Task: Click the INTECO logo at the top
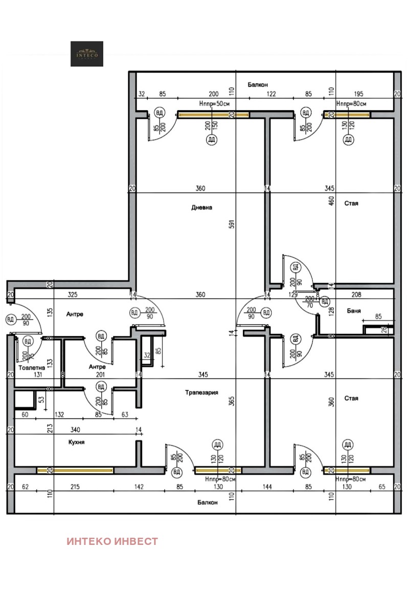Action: coord(87,54)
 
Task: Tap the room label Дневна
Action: coord(201,207)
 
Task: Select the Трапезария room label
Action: coord(201,392)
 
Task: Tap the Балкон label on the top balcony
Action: coord(258,84)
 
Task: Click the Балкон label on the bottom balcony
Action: coord(208,502)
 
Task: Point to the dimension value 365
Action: coord(231,402)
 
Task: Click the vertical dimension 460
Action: coord(331,202)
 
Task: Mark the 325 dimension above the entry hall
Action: coord(72,294)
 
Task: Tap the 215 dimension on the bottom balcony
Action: coord(75,487)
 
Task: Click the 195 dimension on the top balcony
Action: coord(359,94)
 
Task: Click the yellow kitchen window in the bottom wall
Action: coord(75,470)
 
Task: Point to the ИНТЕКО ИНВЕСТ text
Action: coord(112,541)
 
